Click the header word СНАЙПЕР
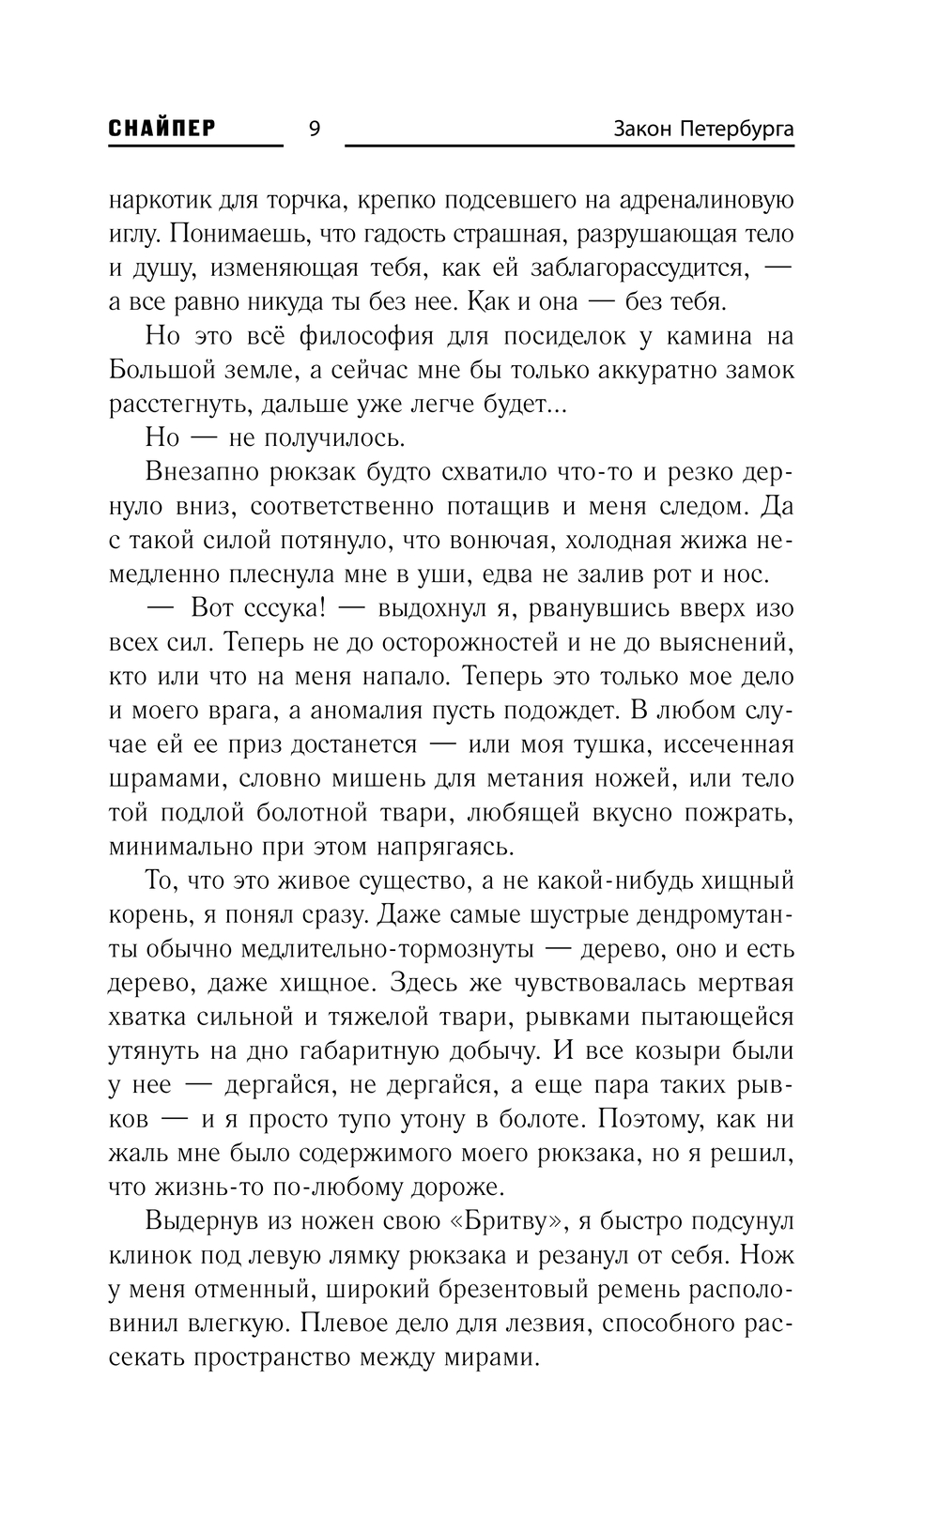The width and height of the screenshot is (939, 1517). point(162,129)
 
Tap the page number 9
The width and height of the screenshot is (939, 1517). point(314,130)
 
